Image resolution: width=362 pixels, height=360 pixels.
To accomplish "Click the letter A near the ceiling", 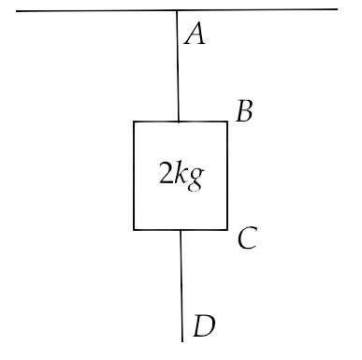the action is [x=195, y=34].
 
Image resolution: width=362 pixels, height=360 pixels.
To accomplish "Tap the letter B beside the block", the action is [x=244, y=111].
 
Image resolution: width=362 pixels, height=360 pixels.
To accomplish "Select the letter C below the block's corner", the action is [x=248, y=238].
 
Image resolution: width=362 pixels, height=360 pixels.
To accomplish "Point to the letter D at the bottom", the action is [x=204, y=325].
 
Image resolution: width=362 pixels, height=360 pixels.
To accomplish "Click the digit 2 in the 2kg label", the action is [x=166, y=172].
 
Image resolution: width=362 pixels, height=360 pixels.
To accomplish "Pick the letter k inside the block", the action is [x=181, y=172].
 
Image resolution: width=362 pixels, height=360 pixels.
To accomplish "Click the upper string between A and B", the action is [x=178, y=65].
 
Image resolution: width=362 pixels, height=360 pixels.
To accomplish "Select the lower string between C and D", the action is [x=181, y=285].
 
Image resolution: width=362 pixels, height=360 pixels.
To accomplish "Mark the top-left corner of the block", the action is [x=134, y=122].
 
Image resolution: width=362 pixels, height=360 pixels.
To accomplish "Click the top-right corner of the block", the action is [x=227, y=122].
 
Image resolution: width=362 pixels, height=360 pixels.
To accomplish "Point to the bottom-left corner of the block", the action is [x=134, y=230].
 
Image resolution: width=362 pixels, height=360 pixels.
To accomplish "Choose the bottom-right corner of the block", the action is [x=227, y=230].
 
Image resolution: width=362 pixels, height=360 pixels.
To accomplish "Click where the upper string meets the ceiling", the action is [x=177, y=10].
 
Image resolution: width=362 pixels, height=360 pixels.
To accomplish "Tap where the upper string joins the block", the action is [x=179, y=122].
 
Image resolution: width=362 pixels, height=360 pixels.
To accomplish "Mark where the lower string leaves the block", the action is [x=181, y=230].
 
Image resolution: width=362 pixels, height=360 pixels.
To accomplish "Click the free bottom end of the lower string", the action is [x=182, y=341].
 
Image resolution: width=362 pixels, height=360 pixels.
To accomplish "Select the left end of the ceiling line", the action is [x=16, y=11].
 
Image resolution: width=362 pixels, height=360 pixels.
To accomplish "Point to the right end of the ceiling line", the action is [x=338, y=9].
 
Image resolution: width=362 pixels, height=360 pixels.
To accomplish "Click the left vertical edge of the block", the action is [x=134, y=176].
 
